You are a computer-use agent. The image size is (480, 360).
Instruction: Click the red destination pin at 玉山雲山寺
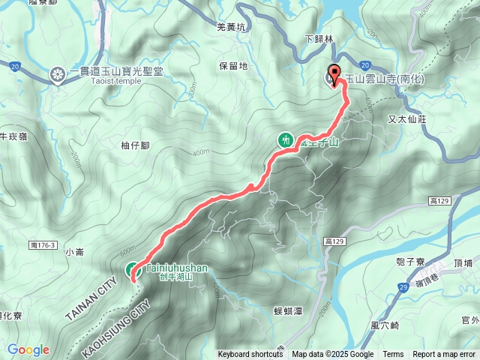pos(334,76)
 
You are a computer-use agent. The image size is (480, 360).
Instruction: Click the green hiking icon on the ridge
pos(285,139)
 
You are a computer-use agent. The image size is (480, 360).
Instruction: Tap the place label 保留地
pos(233,66)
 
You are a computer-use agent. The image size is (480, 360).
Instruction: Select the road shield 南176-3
pos(46,245)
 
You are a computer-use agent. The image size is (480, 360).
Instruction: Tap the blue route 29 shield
pos(403,287)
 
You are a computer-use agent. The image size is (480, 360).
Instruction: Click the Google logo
pos(28,350)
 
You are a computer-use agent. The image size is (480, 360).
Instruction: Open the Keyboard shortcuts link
pos(250,355)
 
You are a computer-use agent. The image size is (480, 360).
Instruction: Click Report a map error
pos(444,355)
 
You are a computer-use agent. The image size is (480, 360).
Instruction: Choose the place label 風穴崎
pos(385,325)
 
